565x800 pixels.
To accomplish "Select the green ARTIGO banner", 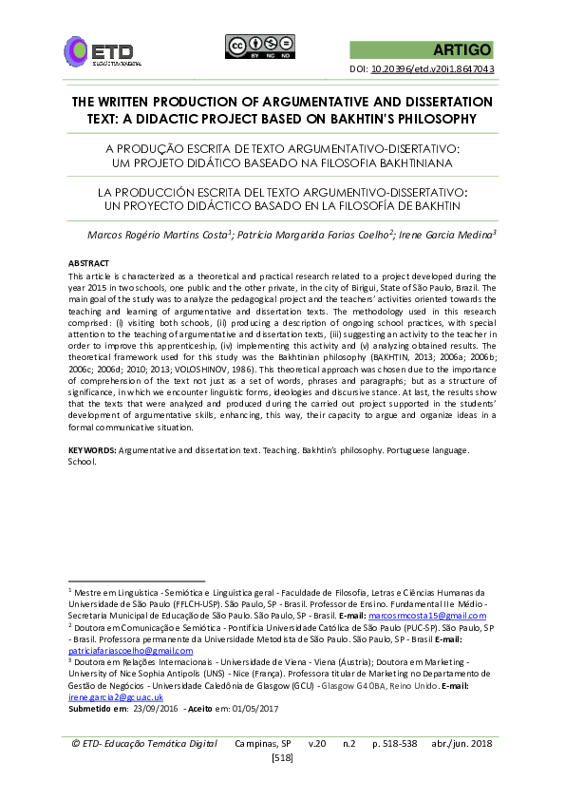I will (423, 49).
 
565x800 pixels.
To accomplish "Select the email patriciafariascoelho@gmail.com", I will (121, 650).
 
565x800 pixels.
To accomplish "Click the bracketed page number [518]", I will (282, 756).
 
